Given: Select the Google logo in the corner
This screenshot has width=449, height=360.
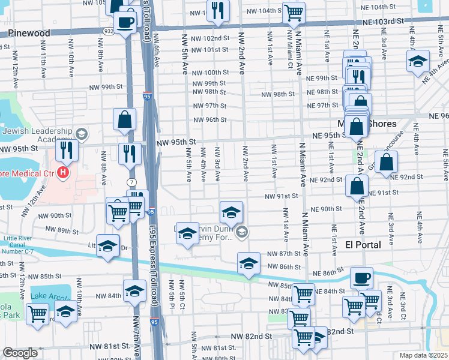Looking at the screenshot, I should coord(21,353).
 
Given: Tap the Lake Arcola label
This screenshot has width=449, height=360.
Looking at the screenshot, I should coord(50,296).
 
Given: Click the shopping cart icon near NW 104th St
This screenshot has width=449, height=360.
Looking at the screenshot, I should coord(293,11).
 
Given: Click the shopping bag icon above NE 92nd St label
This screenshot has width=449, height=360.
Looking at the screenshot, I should coord(387,161).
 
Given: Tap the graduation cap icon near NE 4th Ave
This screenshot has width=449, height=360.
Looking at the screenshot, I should coord(418,61).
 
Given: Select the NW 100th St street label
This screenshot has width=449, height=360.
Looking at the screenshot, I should coord(211,72).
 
